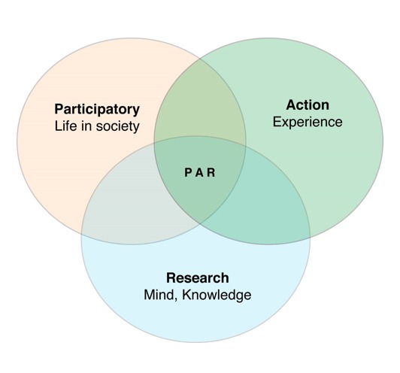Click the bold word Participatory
[x=97, y=110]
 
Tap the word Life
[x=66, y=126]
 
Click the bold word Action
[x=308, y=105]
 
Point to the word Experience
[x=308, y=123]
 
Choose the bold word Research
[x=198, y=277]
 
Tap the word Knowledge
[x=217, y=296]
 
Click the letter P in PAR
[x=188, y=173]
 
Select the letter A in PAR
[x=199, y=173]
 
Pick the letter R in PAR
[x=211, y=173]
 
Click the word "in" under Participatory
[x=86, y=126]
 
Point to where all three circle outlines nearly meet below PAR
[x=199, y=223]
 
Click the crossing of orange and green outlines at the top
[x=200, y=59]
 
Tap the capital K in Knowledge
[x=186, y=295]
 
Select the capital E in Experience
[x=277, y=122]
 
